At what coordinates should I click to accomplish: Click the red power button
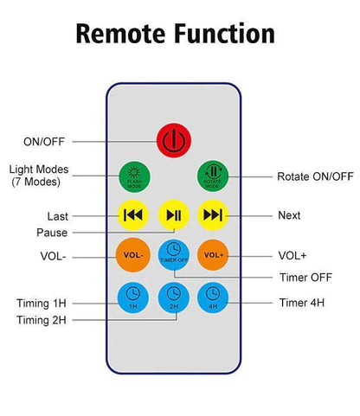click(x=174, y=140)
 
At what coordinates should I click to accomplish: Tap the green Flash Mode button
click(x=134, y=176)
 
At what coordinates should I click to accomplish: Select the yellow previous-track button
click(x=133, y=215)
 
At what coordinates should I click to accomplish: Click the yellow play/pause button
click(x=174, y=215)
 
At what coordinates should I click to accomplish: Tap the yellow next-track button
click(x=213, y=215)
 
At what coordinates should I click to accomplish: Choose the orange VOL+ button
click(x=213, y=255)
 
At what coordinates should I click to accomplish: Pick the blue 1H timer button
click(x=133, y=298)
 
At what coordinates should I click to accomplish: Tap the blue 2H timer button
click(x=174, y=298)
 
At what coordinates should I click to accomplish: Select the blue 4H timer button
click(x=213, y=298)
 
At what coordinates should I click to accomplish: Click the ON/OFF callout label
click(x=44, y=142)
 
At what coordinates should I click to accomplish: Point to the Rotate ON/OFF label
click(x=315, y=176)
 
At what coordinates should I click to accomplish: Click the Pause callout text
click(x=52, y=233)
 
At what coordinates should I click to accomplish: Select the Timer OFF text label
click(x=305, y=278)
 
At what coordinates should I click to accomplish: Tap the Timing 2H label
click(x=42, y=320)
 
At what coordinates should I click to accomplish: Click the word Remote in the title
click(x=121, y=34)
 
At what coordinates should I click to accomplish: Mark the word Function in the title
click(x=224, y=34)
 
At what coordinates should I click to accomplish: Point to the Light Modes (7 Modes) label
click(x=39, y=176)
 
